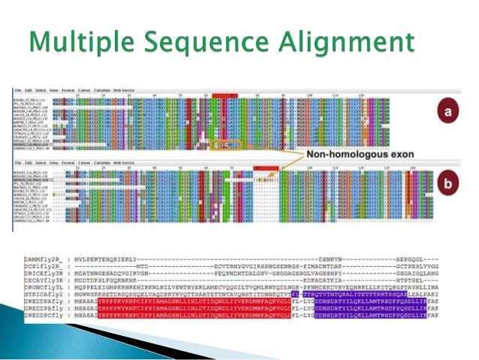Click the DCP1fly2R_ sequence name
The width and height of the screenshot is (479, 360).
(44, 266)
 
